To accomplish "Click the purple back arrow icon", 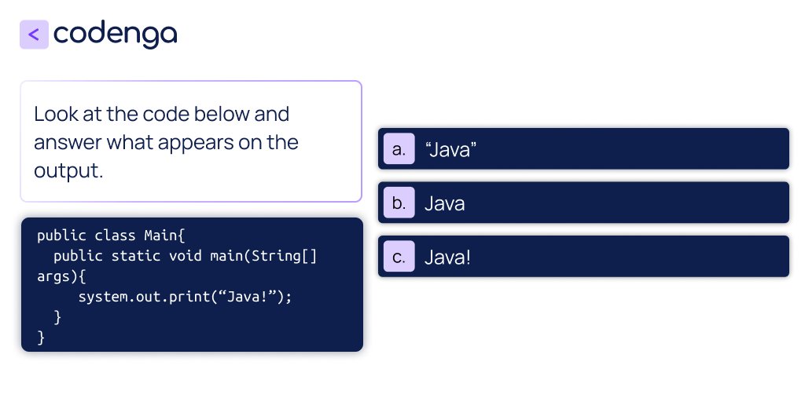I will tap(34, 35).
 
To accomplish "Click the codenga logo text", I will tap(116, 34).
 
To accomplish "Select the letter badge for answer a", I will tap(399, 149).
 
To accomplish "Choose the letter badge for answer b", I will tap(399, 203).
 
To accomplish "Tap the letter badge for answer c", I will tap(399, 257).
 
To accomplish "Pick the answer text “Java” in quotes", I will tap(451, 149).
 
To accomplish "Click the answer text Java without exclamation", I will tap(445, 203).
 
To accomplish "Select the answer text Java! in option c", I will tap(447, 257).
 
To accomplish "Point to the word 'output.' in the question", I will tap(68, 170).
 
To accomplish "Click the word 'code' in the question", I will tap(166, 114).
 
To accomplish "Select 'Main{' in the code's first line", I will tap(164, 236).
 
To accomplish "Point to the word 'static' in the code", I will tap(136, 256).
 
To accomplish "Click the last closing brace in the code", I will tap(41, 338).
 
